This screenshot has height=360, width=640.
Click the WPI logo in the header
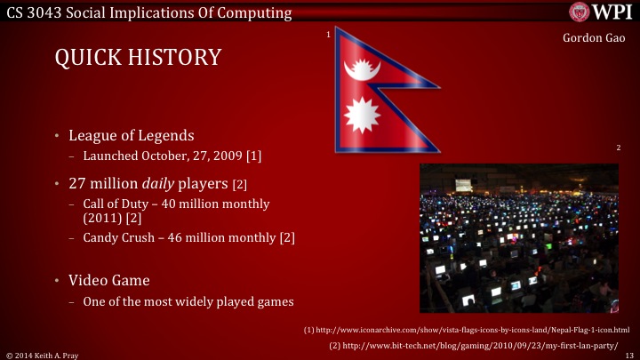pyautogui.click(x=601, y=12)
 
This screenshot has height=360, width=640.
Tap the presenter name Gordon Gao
pyautogui.click(x=596, y=39)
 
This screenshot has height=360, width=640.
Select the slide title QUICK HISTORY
pyautogui.click(x=138, y=58)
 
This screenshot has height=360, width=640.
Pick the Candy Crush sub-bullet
pyautogui.click(x=188, y=237)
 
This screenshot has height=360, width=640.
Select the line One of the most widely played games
pyautogui.click(x=188, y=301)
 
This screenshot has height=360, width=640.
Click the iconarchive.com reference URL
pyautogui.click(x=466, y=330)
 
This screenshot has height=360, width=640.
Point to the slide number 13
pyautogui.click(x=629, y=354)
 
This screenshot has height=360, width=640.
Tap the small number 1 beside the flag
pyautogui.click(x=328, y=34)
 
